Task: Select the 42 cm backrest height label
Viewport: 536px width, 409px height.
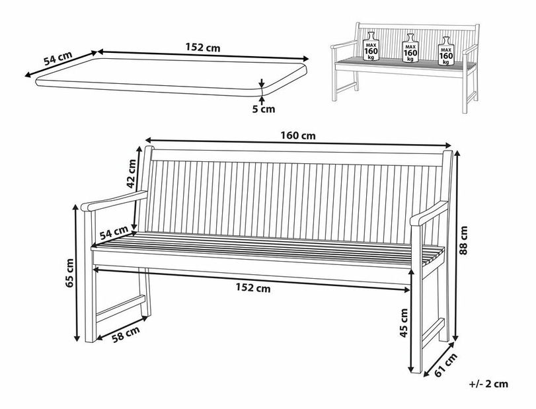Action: (132, 171)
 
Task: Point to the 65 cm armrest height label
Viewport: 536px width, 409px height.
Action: (71, 272)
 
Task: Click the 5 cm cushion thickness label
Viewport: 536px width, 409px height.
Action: (263, 109)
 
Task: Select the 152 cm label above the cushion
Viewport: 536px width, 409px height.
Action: (204, 47)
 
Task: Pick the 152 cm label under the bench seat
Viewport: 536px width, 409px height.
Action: (253, 287)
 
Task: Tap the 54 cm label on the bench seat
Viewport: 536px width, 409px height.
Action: (114, 232)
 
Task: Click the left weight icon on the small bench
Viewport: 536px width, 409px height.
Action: (371, 47)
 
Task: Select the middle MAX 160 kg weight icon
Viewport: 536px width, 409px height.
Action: (409, 48)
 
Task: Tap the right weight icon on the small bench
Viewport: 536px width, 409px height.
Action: (447, 50)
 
